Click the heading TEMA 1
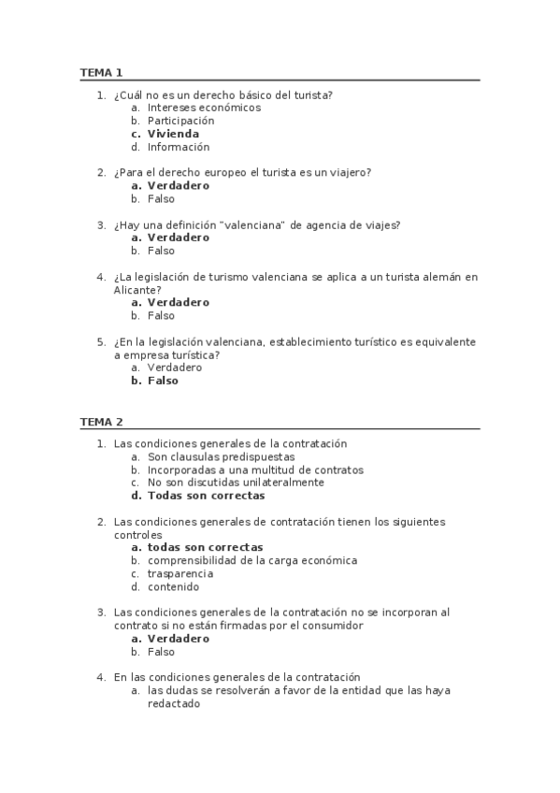[101, 72]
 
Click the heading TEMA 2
[101, 422]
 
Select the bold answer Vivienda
[173, 134]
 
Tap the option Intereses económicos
[204, 108]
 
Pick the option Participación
[180, 121]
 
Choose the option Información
[179, 147]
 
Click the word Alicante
[135, 290]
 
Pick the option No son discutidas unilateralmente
[236, 483]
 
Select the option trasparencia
[180, 573]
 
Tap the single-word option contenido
[173, 586]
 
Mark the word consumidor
[330, 625]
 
